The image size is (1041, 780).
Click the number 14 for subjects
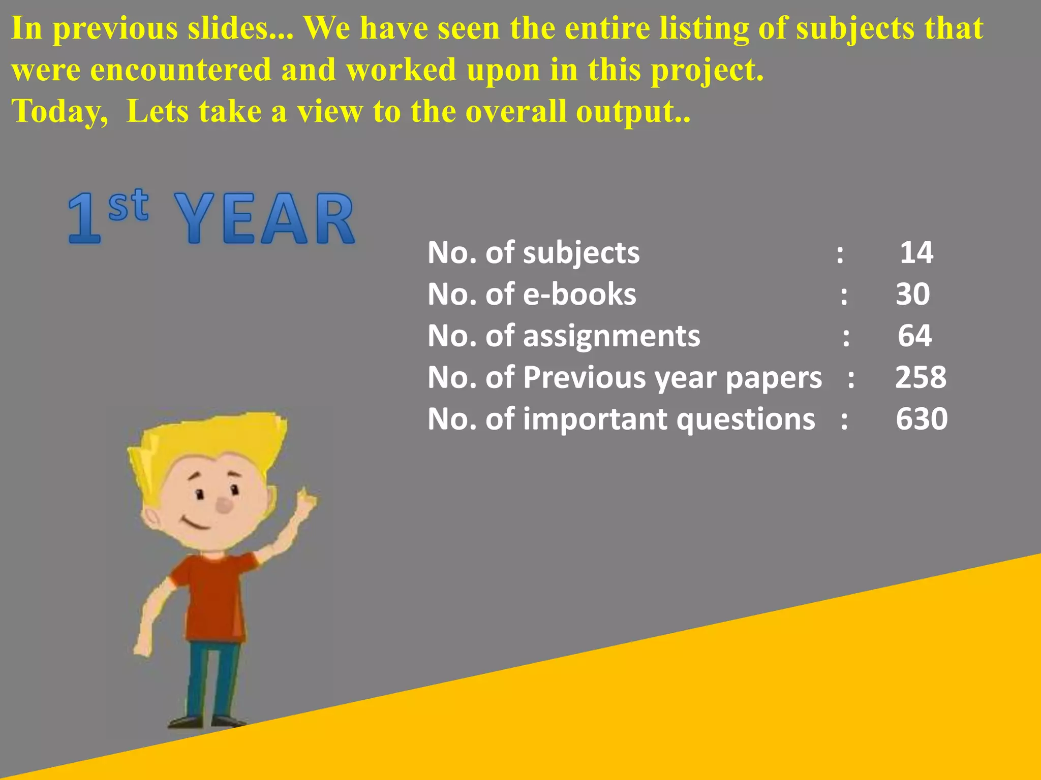(x=916, y=252)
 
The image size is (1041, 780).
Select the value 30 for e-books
(x=913, y=294)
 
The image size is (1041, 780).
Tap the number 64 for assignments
(x=914, y=336)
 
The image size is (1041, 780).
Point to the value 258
(x=921, y=377)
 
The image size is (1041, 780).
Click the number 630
(x=921, y=419)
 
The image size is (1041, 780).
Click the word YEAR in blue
(x=264, y=218)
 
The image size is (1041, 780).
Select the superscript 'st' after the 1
(x=129, y=205)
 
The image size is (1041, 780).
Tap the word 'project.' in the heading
(x=707, y=70)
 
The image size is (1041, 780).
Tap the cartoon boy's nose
(x=224, y=504)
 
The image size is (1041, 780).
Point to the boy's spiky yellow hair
(x=213, y=437)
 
